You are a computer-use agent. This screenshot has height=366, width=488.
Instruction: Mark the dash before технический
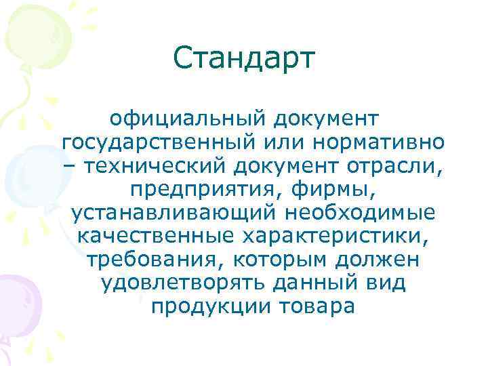(68, 167)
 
